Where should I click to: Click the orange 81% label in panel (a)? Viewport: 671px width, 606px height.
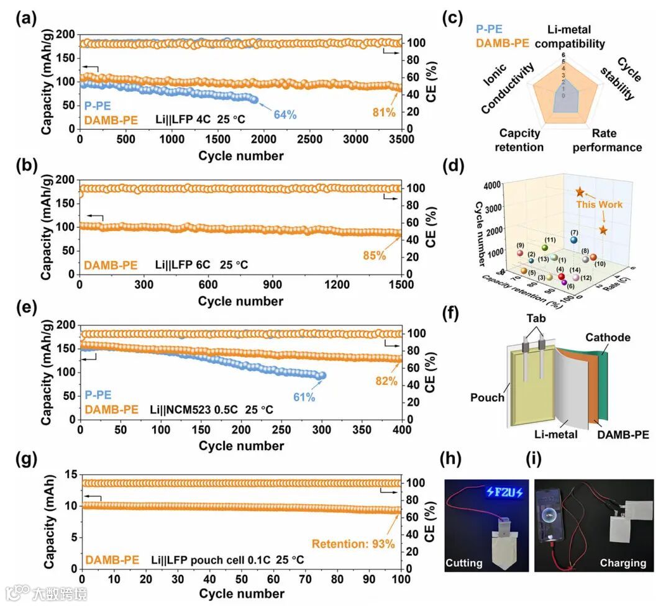(x=384, y=112)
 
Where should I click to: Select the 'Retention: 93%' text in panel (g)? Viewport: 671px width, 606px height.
(x=354, y=545)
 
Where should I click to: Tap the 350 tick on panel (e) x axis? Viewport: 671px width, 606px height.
(x=362, y=432)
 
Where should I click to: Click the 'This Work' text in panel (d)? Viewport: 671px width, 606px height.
(x=599, y=204)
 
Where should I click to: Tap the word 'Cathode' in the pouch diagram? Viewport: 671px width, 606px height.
(x=608, y=337)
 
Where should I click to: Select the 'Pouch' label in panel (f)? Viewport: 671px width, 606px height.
(x=488, y=397)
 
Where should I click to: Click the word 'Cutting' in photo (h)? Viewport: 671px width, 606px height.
(x=464, y=563)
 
